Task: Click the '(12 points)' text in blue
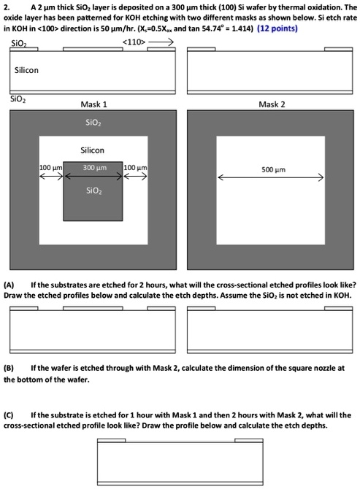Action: [277, 28]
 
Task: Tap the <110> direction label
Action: [134, 42]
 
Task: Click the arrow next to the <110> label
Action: [161, 42]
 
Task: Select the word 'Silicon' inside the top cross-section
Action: [26, 70]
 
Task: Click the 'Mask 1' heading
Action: [93, 104]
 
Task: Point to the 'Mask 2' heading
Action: [272, 104]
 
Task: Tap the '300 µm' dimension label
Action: [94, 168]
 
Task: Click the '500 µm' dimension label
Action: [273, 169]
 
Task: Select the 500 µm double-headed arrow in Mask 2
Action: [270, 178]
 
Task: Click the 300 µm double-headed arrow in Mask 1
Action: [93, 177]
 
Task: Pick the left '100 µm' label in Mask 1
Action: [51, 168]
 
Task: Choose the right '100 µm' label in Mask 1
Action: [135, 168]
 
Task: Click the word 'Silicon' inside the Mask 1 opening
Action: [92, 150]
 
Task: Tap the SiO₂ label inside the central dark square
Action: [94, 190]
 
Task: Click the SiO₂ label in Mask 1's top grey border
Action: [93, 123]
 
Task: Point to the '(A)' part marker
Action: [9, 285]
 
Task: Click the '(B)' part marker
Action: [9, 368]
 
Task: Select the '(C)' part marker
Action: [9, 415]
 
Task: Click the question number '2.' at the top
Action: [7, 7]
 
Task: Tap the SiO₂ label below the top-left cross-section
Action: [18, 99]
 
